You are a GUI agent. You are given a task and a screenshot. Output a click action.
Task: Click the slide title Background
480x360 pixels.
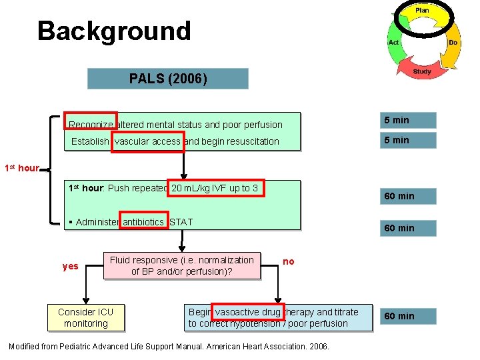point(114,31)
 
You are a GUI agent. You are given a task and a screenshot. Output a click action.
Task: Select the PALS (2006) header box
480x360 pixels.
point(168,79)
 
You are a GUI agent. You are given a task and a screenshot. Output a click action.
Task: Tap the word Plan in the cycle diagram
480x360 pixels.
point(422,11)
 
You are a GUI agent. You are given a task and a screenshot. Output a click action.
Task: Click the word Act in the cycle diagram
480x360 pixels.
point(393,42)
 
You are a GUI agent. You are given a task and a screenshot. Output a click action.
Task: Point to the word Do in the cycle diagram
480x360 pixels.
point(453,42)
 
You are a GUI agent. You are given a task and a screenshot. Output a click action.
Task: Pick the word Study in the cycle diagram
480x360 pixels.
point(421,71)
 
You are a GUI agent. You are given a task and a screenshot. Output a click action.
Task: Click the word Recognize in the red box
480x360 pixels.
point(91,124)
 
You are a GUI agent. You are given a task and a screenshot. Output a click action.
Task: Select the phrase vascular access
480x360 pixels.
point(147,141)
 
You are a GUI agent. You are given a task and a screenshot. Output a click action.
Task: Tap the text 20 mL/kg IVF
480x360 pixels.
point(216,188)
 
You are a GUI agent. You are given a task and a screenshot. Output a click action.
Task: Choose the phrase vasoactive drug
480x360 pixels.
point(248,312)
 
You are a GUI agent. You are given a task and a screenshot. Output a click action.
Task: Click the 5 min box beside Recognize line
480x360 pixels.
point(409,120)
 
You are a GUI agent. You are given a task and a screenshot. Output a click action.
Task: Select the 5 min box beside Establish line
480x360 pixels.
point(409,140)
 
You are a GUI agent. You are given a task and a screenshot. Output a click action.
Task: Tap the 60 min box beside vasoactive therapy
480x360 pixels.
point(409,316)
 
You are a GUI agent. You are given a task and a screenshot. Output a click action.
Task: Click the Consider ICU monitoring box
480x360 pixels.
point(85,317)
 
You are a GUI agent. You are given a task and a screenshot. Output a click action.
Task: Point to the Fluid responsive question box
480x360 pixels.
point(182,265)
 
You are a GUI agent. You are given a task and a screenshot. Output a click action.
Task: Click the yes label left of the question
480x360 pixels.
point(70,266)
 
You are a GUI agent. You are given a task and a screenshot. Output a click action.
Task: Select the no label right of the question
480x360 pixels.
point(289,261)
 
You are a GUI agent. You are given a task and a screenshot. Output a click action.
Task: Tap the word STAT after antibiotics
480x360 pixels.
point(181,222)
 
